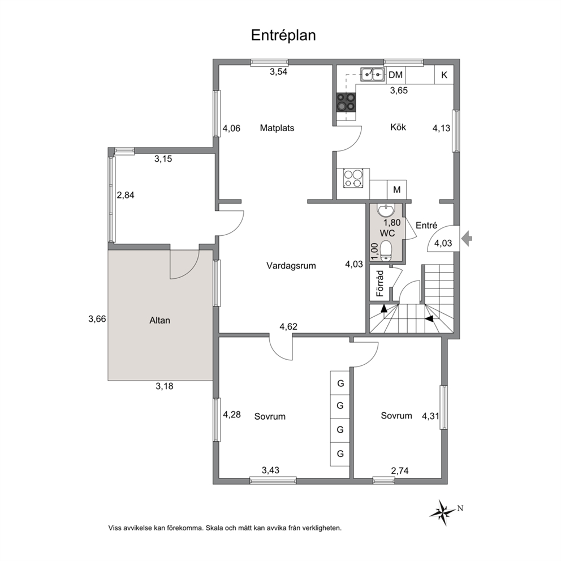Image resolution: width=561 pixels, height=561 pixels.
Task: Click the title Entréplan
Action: coord(283,35)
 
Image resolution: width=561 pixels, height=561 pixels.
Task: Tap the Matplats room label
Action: coord(277,128)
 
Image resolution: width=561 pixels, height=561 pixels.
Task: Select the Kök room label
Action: coord(398,127)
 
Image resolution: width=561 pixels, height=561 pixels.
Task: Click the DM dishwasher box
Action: coord(396,75)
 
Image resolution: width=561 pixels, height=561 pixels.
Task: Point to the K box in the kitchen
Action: coord(444,75)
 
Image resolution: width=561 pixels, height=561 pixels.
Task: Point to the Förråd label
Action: coord(381,284)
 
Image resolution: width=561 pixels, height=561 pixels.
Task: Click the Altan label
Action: coord(159,320)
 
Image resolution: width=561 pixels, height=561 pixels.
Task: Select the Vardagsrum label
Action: coord(291,265)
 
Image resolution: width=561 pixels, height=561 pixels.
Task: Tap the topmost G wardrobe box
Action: coord(340,383)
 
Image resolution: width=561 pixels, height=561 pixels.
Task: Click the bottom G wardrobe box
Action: coord(340,453)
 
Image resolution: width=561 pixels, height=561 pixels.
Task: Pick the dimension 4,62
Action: coord(288,326)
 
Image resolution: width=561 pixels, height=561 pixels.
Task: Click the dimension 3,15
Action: coord(163,159)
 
